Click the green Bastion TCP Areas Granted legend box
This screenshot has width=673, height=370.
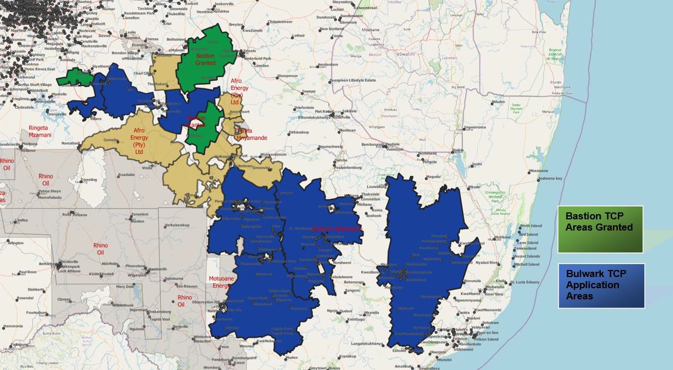[x=600, y=229]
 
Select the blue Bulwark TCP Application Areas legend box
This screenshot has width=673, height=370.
[x=601, y=285]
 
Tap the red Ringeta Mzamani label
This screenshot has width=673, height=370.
[x=40, y=131]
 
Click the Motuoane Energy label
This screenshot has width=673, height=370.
[x=221, y=282]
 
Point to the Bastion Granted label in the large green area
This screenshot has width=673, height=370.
[x=206, y=59]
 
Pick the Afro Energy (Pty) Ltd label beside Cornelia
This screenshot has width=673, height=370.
[x=139, y=141]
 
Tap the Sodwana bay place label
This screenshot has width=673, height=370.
[x=550, y=178]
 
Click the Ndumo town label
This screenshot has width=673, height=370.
[x=498, y=102]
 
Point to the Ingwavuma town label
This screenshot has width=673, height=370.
[x=475, y=127]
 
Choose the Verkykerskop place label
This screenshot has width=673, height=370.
[x=177, y=225]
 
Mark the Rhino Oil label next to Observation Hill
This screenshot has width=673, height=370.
[x=184, y=301]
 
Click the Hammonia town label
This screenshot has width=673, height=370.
[x=13, y=326]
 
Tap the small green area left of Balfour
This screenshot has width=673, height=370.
[x=75, y=77]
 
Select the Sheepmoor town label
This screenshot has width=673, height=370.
[x=288, y=76]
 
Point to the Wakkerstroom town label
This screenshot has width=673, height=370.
[x=273, y=154]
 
